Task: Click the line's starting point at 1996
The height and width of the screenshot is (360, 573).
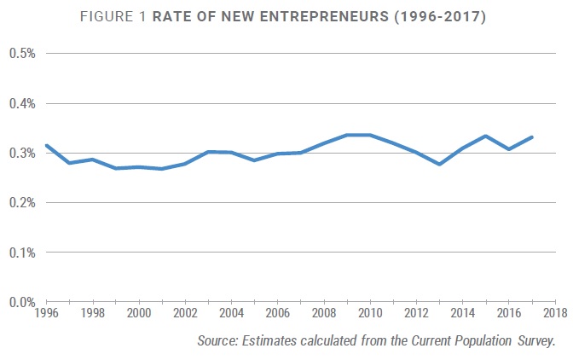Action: pos(46,146)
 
